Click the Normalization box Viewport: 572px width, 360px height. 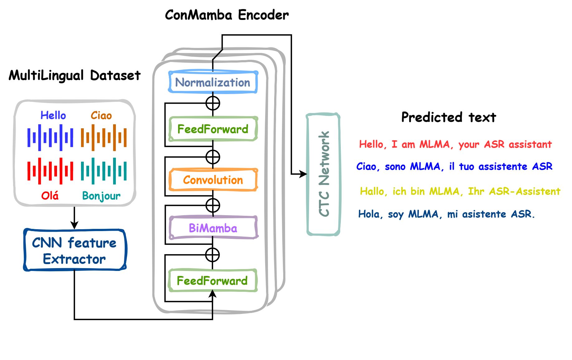click(213, 83)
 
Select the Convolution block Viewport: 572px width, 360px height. click(213, 180)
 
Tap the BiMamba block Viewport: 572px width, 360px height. click(213, 228)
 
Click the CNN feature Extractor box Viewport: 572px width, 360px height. click(74, 250)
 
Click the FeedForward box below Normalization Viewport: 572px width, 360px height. click(213, 129)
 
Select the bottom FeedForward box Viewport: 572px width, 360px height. click(212, 281)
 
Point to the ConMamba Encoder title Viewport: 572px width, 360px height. click(226, 15)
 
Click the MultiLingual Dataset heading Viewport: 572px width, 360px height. click(74, 75)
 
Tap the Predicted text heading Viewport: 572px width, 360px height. click(448, 117)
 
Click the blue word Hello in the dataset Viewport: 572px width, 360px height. click(53, 116)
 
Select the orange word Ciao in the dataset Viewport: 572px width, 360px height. click(101, 116)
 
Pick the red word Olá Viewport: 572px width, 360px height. click(50, 196)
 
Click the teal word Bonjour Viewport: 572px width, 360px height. click(101, 196)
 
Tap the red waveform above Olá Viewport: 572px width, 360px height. click(50, 171)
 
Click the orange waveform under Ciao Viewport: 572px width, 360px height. click(104, 137)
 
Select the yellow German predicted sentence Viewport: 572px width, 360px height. click(460, 191)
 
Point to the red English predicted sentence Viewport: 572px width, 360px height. click(455, 144)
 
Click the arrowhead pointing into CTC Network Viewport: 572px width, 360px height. click(303, 174)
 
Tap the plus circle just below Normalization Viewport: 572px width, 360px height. click(213, 103)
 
